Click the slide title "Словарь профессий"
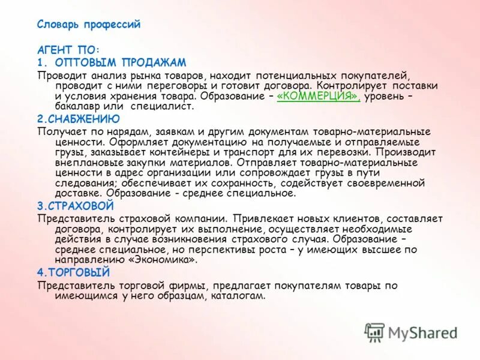[x=88, y=25]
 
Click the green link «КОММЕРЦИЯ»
[x=318, y=96]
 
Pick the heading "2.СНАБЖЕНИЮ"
[x=78, y=119]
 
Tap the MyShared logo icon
[x=374, y=331]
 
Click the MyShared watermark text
[x=422, y=333]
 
